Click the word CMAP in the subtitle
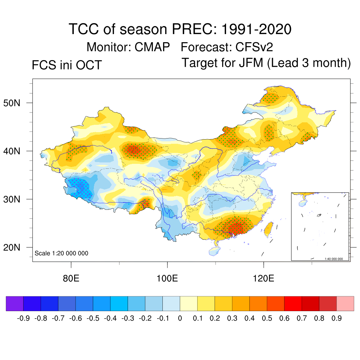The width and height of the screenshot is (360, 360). pos(152,47)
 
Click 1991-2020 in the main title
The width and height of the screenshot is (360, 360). pos(256,29)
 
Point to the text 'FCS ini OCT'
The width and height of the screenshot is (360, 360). pos(67,65)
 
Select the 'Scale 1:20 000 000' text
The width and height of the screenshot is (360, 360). pos(62,253)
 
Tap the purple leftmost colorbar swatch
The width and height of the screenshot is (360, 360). pos(15,303)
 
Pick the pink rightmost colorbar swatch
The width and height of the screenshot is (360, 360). pos(345,303)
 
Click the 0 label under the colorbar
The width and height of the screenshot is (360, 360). pos(180,319)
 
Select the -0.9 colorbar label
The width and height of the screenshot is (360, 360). pos(23,319)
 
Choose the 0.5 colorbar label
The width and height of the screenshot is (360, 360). pos(267,319)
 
